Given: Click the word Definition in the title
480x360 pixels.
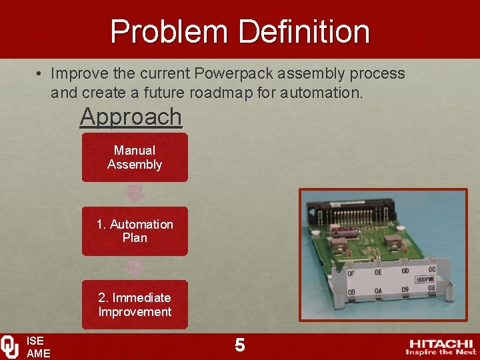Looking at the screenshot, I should [x=305, y=31].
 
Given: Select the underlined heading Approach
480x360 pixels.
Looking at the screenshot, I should [x=131, y=116].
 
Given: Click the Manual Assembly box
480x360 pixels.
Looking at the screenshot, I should [x=135, y=157].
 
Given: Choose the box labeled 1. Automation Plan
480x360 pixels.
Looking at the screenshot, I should [x=135, y=231].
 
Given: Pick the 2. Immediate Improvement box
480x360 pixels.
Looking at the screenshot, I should [x=135, y=305].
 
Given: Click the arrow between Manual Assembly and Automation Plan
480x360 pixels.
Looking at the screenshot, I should [x=135, y=194].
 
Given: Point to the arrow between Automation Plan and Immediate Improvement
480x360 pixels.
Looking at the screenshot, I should [x=135, y=267].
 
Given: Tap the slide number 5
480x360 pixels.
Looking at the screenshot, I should [x=240, y=345].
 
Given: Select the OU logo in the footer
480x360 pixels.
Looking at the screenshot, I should [x=10, y=347].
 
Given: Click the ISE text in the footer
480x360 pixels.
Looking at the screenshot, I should [x=35, y=341].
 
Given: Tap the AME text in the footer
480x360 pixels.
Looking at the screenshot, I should [x=38, y=353].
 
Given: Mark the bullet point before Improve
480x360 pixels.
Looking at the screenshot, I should [x=41, y=73].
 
